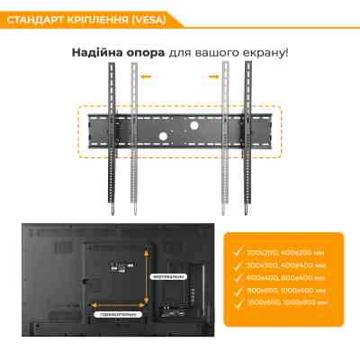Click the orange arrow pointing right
[x=214, y=77]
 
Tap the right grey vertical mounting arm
[x=225, y=135]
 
